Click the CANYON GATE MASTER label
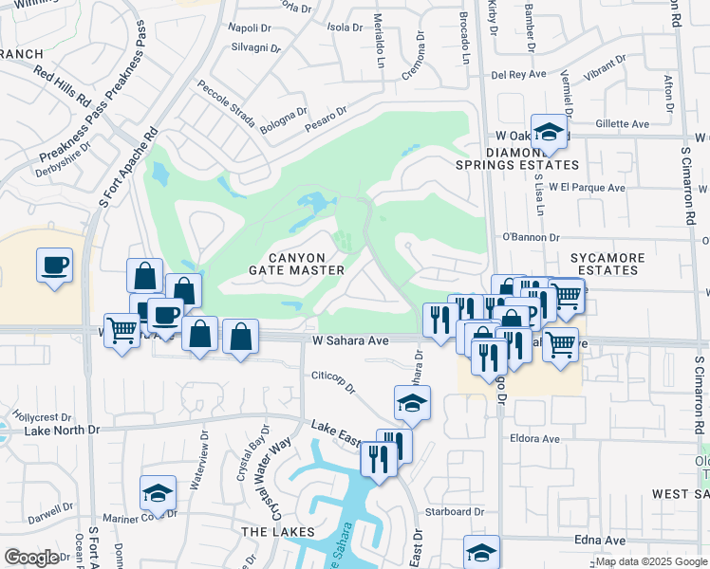(x=295, y=264)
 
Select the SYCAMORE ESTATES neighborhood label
(x=607, y=264)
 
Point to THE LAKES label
(x=271, y=532)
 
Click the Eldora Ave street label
(x=535, y=439)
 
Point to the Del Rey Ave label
(x=518, y=74)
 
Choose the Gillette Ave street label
(x=622, y=123)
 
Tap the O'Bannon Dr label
(x=531, y=237)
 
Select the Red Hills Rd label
(x=62, y=85)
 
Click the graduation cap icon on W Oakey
(x=549, y=133)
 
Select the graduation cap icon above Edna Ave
(x=481, y=552)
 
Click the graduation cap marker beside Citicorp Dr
(x=413, y=403)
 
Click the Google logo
(x=31, y=558)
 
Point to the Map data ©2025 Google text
(x=651, y=561)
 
